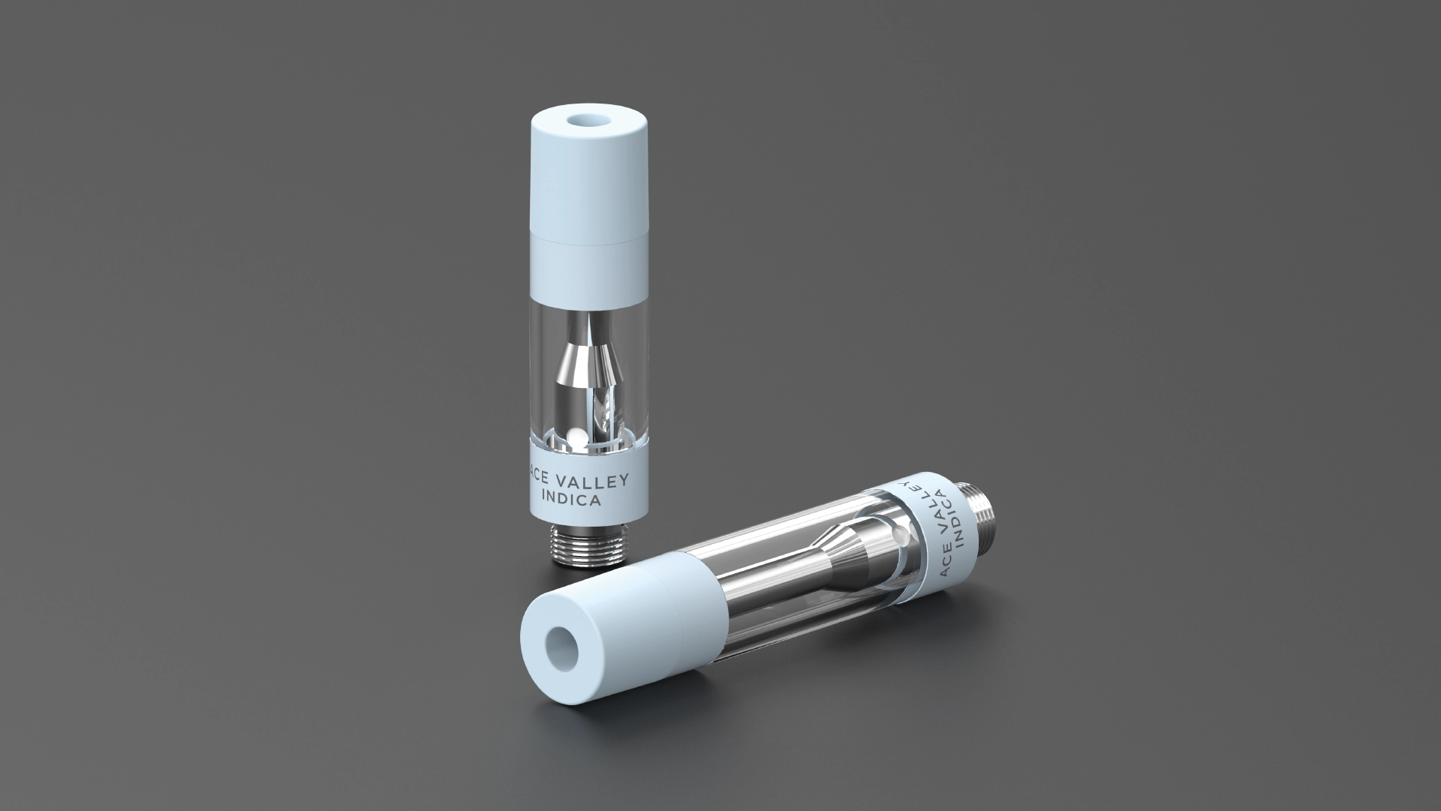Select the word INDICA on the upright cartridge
coord(570,500)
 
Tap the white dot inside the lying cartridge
coord(904,536)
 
